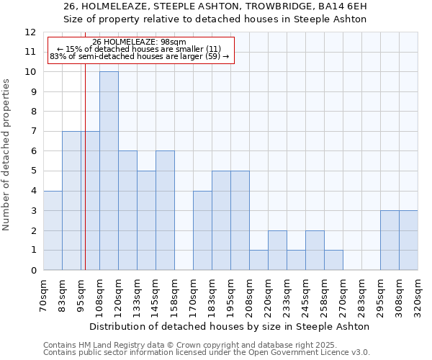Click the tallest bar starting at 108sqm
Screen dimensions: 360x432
[109, 171]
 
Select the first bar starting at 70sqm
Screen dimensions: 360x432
[53, 230]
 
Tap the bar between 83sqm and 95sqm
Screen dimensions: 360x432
[71, 201]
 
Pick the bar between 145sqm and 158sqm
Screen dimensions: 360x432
[165, 211]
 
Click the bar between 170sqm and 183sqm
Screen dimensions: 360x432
[202, 230]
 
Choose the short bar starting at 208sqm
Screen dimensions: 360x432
[258, 260]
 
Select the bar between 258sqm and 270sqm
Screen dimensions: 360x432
[333, 260]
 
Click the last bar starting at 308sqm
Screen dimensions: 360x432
[408, 240]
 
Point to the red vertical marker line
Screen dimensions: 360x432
[85, 180]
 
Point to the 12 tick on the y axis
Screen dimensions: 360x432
[30, 32]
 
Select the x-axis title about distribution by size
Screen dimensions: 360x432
[230, 326]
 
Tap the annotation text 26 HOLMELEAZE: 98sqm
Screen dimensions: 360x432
[140, 42]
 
